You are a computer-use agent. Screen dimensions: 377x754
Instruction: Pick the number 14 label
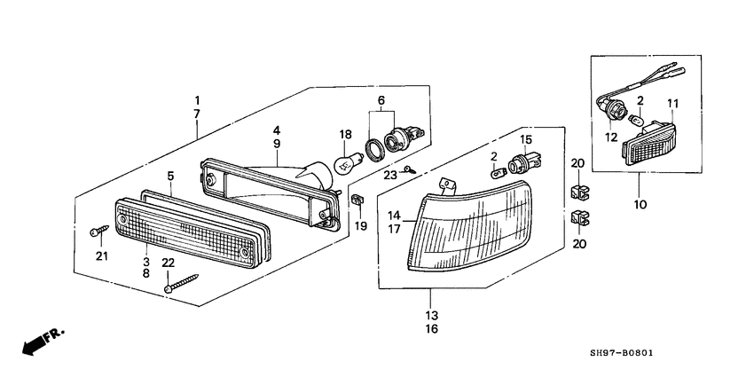point(394,215)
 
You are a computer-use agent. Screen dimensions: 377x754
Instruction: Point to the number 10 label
point(640,204)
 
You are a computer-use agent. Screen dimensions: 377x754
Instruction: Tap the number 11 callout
point(672,104)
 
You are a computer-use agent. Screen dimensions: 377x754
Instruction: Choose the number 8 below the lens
point(145,276)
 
